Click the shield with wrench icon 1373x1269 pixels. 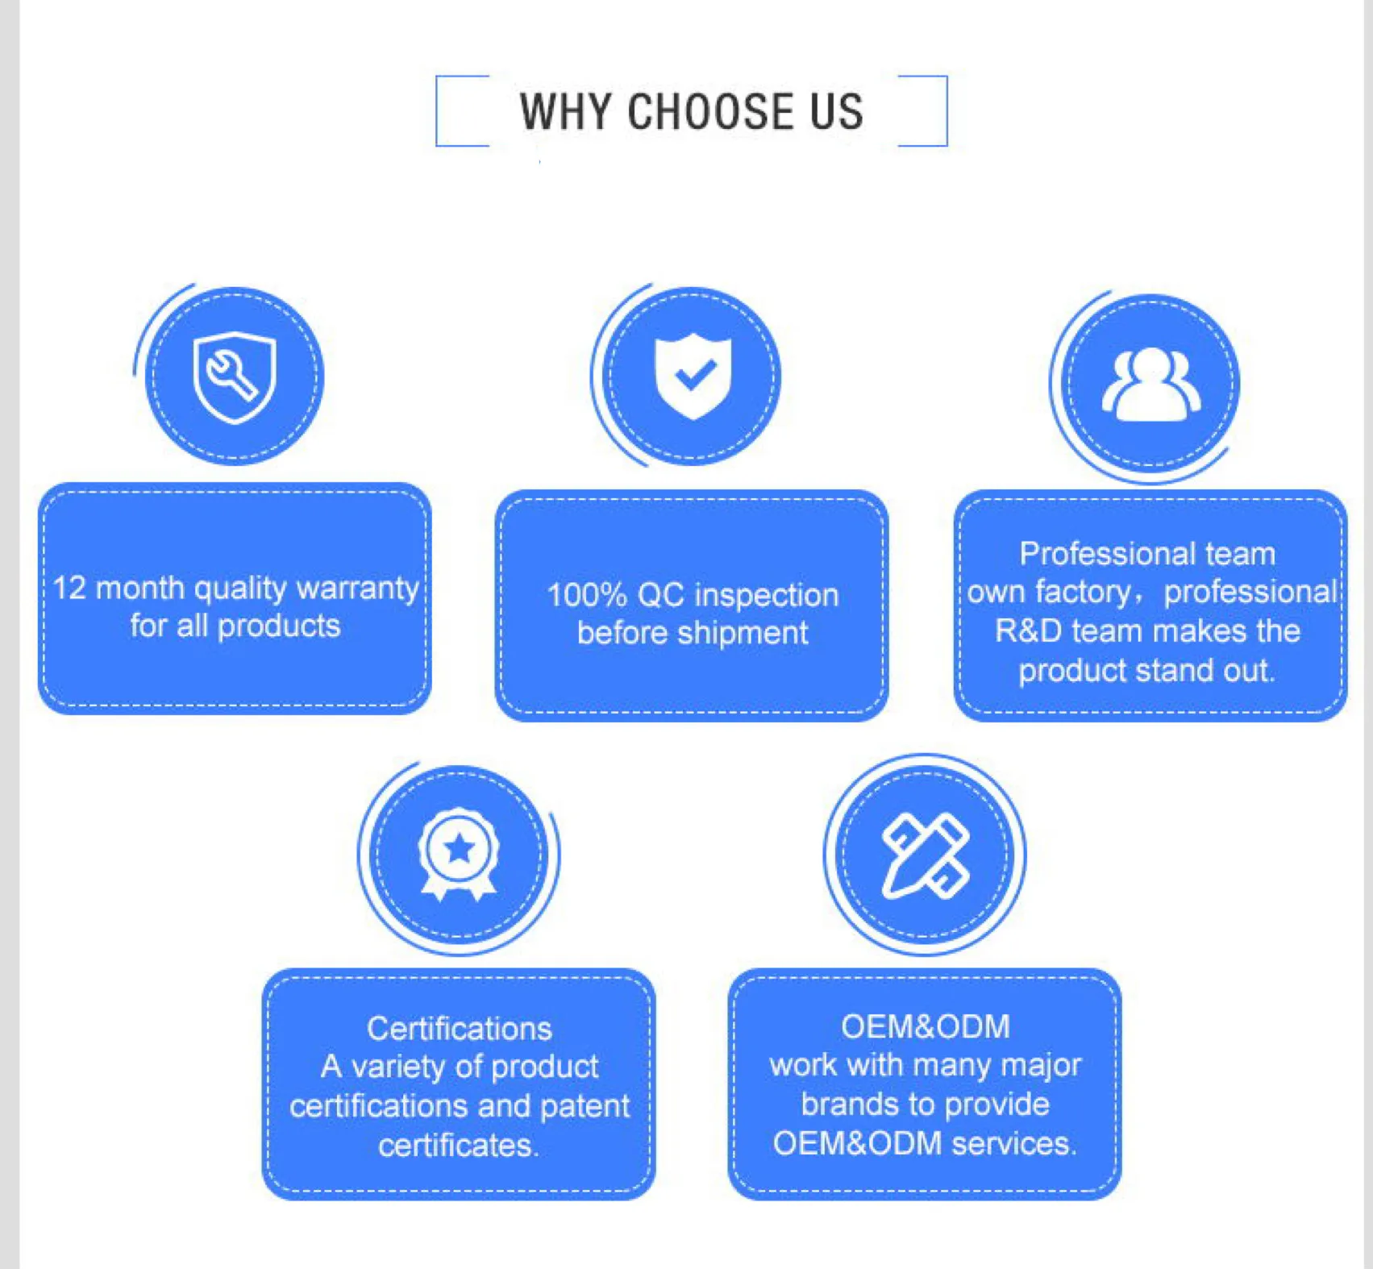tap(235, 377)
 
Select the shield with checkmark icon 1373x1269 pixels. tap(693, 376)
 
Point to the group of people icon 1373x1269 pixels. tap(1150, 384)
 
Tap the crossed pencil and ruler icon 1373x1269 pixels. tap(925, 855)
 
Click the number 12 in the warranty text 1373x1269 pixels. tap(69, 588)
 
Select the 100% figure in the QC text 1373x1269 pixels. tap(586, 595)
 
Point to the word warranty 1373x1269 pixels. tap(357, 588)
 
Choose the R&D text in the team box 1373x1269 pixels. tap(1028, 630)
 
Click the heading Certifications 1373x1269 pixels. tap(459, 1028)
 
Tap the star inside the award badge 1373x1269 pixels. tap(459, 848)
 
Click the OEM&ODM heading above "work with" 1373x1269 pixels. tap(925, 1026)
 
